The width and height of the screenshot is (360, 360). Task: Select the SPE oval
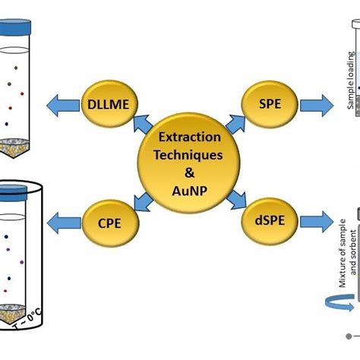(x=267, y=105)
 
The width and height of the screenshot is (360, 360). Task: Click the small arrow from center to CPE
(x=142, y=201)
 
